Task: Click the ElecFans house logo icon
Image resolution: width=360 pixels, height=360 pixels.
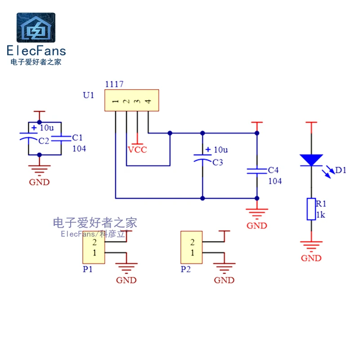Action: pyautogui.click(x=36, y=27)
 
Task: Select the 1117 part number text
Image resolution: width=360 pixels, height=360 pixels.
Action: pyautogui.click(x=114, y=84)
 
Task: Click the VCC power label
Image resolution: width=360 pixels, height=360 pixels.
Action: pyautogui.click(x=137, y=150)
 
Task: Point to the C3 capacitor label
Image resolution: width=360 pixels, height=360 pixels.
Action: pyautogui.click(x=217, y=162)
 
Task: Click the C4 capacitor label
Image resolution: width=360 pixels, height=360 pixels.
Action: pyautogui.click(x=273, y=170)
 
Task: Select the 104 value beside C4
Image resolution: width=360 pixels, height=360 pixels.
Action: pyautogui.click(x=274, y=181)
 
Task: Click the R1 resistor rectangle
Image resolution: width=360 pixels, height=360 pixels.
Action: pyautogui.click(x=311, y=209)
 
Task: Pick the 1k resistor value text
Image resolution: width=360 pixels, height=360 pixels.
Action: pyautogui.click(x=320, y=215)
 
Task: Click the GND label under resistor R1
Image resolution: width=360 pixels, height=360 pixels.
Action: pyautogui.click(x=311, y=258)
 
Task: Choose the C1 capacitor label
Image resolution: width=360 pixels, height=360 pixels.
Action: pyautogui.click(x=77, y=137)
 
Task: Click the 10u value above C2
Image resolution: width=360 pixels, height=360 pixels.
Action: pyautogui.click(x=47, y=128)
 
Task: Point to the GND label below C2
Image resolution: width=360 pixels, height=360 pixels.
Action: pyautogui.click(x=39, y=182)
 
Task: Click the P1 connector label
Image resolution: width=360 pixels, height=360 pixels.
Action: pyautogui.click(x=87, y=269)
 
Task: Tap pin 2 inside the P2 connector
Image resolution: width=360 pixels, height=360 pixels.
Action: pyautogui.click(x=192, y=243)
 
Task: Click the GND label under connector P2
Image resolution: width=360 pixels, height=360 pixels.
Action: pyautogui.click(x=224, y=280)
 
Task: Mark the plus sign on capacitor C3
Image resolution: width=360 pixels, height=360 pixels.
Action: pyautogui.click(x=208, y=149)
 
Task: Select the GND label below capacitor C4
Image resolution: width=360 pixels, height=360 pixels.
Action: pyautogui.click(x=256, y=226)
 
